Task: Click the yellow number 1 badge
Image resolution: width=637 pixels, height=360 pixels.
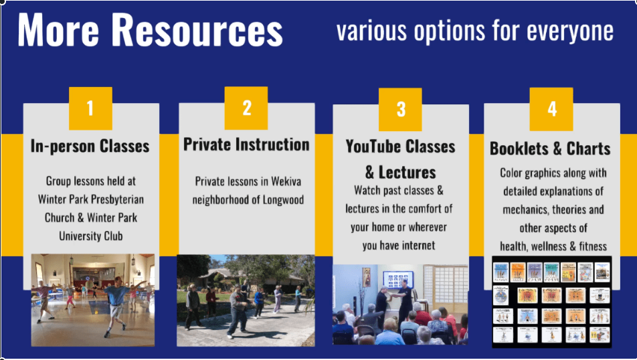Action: (90, 108)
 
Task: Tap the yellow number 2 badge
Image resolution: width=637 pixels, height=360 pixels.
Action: (246, 108)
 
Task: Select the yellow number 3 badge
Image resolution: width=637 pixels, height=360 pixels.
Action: (400, 109)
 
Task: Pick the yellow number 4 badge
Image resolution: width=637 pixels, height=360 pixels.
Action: (551, 109)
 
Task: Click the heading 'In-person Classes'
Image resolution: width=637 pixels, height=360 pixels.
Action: (90, 147)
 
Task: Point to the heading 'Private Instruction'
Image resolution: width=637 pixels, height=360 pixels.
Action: (246, 145)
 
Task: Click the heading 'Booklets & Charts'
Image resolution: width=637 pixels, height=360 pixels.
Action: (550, 149)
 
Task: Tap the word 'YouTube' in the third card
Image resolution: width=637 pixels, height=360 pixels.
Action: (373, 147)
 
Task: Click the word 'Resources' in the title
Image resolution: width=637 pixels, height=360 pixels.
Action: (197, 31)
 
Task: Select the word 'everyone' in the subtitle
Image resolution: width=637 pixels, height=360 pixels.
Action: (570, 31)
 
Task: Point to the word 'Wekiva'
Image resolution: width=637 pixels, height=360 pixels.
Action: (286, 181)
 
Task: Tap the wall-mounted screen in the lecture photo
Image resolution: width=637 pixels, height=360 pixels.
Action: (398, 280)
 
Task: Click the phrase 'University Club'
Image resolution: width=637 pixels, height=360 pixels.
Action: (91, 236)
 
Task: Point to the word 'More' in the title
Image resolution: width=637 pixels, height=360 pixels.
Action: (58, 31)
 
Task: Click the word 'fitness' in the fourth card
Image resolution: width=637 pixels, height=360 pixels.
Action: (593, 246)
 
